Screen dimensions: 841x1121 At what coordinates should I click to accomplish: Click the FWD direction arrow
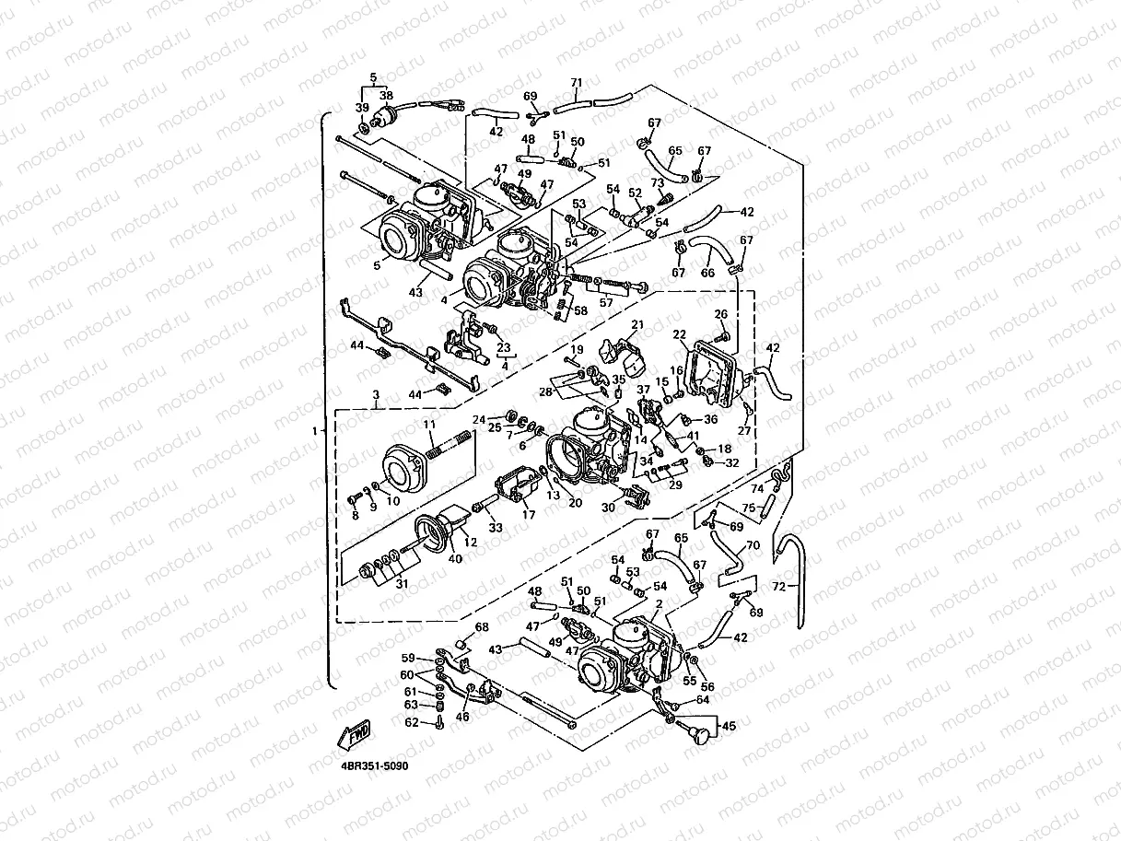click(x=356, y=734)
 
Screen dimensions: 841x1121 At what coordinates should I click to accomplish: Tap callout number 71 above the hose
click(x=577, y=83)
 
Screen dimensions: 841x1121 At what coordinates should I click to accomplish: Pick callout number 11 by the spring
click(x=428, y=424)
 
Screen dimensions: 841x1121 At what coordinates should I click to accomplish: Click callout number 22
click(x=680, y=334)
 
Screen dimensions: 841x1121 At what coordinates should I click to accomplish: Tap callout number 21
click(x=636, y=325)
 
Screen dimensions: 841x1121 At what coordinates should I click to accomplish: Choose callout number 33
click(x=496, y=528)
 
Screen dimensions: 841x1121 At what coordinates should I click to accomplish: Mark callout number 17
click(x=529, y=515)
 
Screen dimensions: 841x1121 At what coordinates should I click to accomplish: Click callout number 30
click(x=608, y=508)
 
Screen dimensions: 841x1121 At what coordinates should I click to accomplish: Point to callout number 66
click(x=707, y=273)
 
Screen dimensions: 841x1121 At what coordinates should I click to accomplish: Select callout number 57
click(x=605, y=302)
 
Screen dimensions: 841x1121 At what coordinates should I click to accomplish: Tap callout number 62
click(x=411, y=723)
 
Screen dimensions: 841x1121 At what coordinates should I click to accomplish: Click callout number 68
click(x=481, y=627)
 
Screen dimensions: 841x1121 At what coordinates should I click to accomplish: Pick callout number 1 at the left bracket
click(x=315, y=430)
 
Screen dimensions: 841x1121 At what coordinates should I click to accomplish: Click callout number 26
click(x=721, y=314)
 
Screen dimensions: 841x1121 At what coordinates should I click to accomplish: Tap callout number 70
click(x=753, y=545)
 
